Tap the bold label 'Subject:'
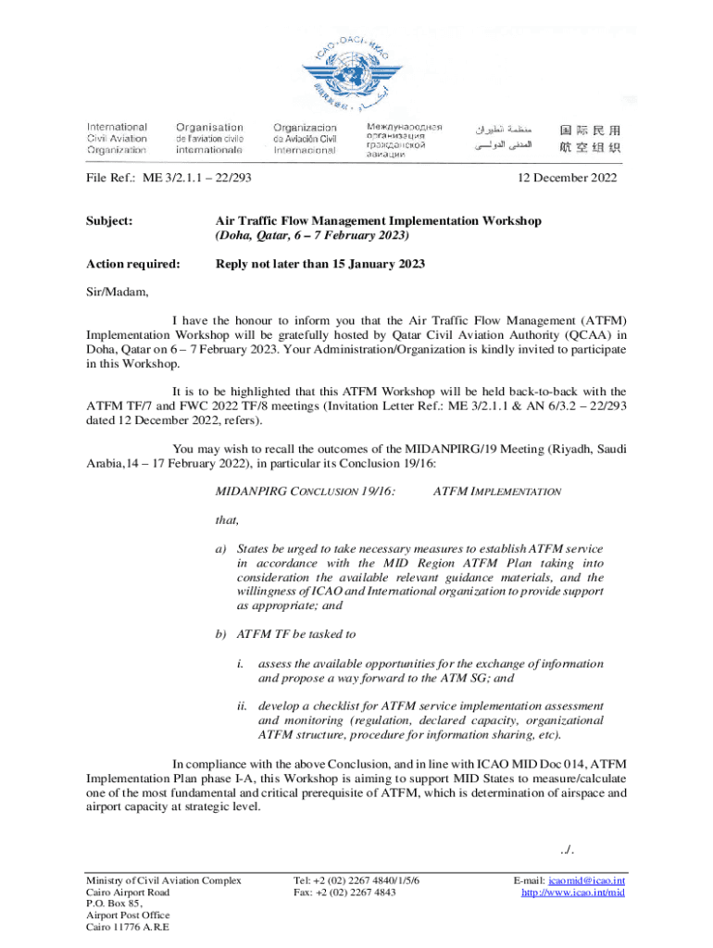[109, 221]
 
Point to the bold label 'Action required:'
[133, 265]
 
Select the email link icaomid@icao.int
[586, 880]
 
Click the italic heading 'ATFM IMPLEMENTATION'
[496, 492]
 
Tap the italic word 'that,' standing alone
[227, 520]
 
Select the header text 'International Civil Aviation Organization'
[117, 138]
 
